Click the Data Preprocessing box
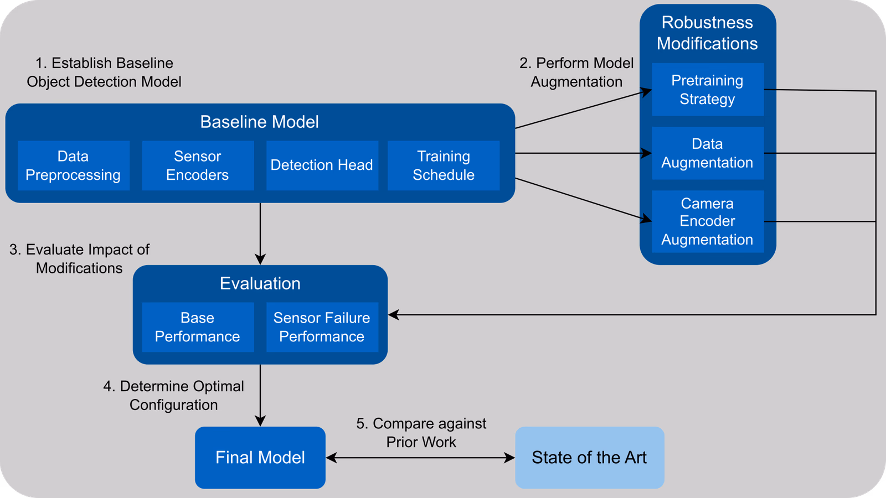[x=73, y=165]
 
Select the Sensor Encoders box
[x=198, y=165]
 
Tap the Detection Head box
[x=322, y=165]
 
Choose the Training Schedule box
[x=444, y=165]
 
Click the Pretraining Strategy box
[x=707, y=90]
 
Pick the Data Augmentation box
[x=707, y=153]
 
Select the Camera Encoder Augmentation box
[x=707, y=221]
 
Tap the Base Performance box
[x=198, y=327]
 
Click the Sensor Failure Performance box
[x=322, y=327]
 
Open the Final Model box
[x=260, y=458]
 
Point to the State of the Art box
[x=589, y=458]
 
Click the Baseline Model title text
[x=259, y=122]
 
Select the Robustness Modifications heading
[x=707, y=33]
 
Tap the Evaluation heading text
[x=260, y=283]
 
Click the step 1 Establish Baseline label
[x=104, y=72]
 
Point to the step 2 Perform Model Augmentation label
[x=576, y=72]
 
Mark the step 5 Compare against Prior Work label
[x=421, y=433]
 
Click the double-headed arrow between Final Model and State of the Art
[x=420, y=458]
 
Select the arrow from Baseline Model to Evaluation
[x=260, y=232]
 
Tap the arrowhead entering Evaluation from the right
[x=394, y=315]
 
